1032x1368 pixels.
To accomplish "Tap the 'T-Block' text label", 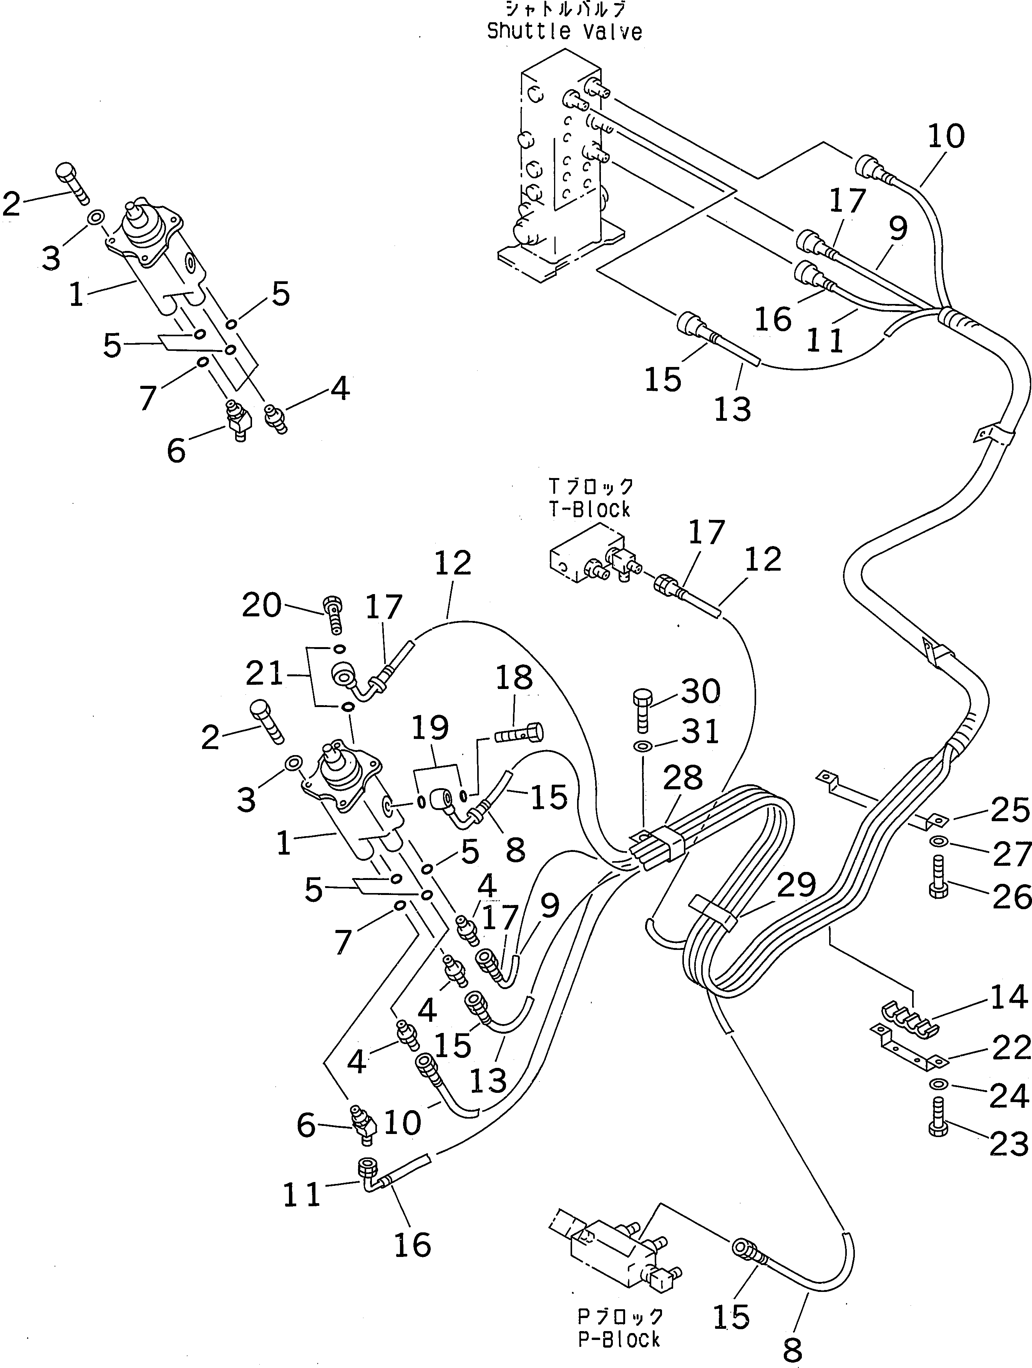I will coord(589,509).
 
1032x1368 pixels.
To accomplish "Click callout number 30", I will coord(700,691).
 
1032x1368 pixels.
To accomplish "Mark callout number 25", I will coord(1010,810).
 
